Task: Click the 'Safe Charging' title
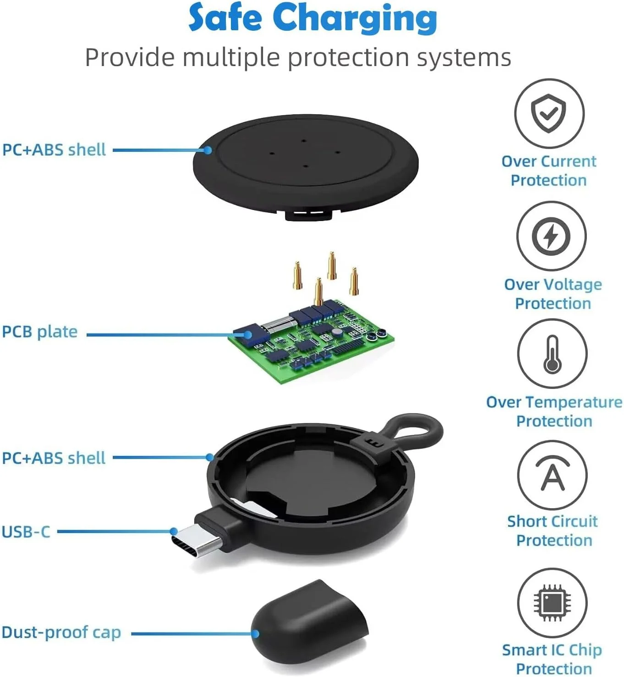pos(312,18)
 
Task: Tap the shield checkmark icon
pos(548,113)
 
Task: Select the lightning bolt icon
pos(551,236)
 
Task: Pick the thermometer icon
pos(552,354)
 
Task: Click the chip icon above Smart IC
pos(552,603)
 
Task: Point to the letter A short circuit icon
pos(553,474)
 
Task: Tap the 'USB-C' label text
pos(26,532)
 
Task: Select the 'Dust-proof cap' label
pos(61,633)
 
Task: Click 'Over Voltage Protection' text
pos(553,294)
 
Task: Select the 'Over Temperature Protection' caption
pos(554,411)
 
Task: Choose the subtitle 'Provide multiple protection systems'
pos(298,57)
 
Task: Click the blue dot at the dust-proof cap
pos(255,634)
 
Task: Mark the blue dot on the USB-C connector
pos(174,531)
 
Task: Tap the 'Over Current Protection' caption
pos(549,171)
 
